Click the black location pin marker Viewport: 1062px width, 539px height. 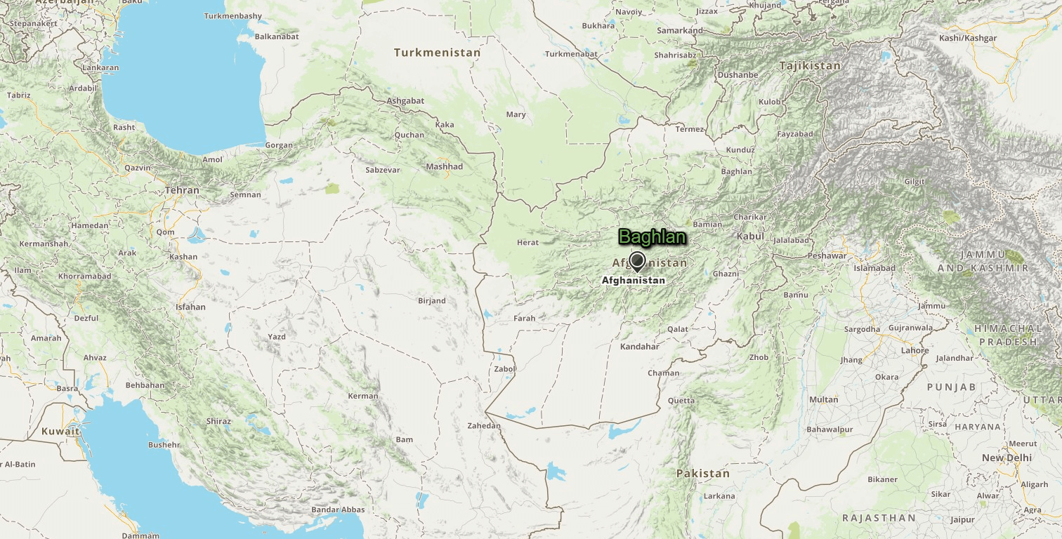(x=637, y=262)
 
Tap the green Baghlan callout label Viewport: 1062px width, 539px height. (x=652, y=238)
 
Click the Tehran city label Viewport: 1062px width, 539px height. (x=182, y=190)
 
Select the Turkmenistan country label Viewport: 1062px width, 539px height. (x=437, y=53)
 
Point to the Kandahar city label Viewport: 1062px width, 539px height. (x=639, y=347)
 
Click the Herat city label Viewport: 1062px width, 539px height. (x=527, y=243)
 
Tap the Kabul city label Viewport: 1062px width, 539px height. (x=749, y=237)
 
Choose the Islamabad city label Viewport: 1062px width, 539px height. (x=874, y=268)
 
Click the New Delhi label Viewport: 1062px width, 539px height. (x=1007, y=458)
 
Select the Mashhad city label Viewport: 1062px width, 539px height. (x=445, y=167)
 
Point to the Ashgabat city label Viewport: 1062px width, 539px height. (x=405, y=101)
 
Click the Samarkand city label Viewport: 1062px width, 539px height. (x=679, y=31)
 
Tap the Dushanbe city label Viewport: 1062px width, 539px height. (x=737, y=75)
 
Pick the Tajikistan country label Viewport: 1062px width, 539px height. (x=809, y=66)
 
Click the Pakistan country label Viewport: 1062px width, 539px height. (x=702, y=474)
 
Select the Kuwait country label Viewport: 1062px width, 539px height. (x=60, y=431)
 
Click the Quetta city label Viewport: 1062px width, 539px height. (x=681, y=401)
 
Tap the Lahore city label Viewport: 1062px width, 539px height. (x=914, y=351)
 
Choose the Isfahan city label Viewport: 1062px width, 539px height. (x=190, y=307)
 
